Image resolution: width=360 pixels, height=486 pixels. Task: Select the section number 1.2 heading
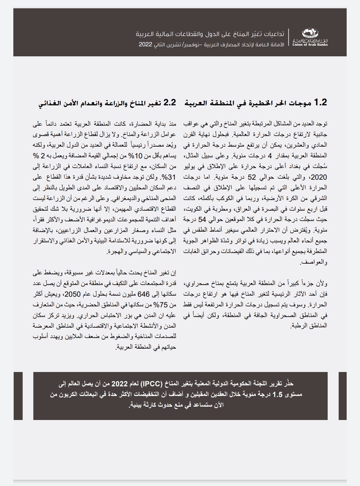click(x=321, y=102)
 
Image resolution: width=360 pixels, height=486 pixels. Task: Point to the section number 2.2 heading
click(x=169, y=102)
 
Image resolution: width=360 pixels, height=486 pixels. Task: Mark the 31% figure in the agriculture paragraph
click(x=170, y=177)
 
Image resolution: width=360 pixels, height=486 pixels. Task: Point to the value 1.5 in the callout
click(x=277, y=395)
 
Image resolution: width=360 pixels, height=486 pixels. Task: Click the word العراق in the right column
click(x=231, y=210)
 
